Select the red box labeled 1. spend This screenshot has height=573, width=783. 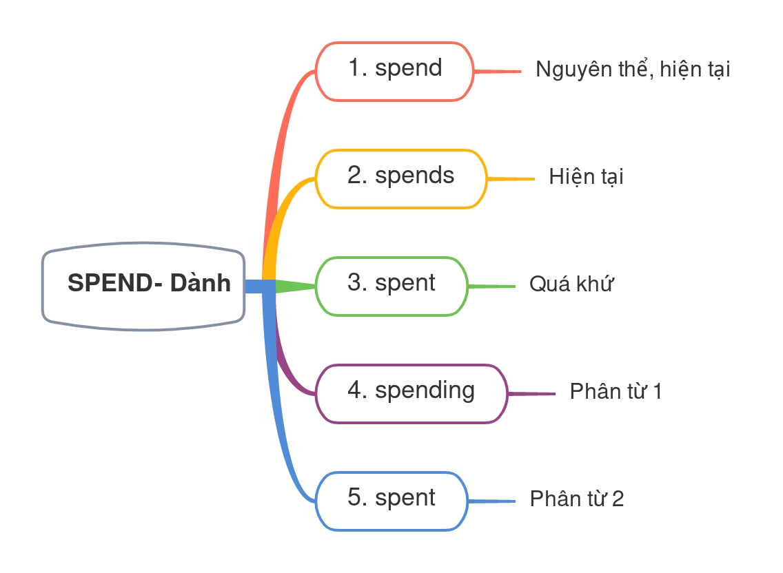coord(395,72)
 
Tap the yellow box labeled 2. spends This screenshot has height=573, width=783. coord(401,178)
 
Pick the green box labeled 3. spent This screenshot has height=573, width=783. coord(392,286)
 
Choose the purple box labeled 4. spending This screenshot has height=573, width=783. coord(411,393)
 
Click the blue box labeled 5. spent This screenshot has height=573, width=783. coord(392,501)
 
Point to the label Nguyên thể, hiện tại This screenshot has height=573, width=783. coord(633,70)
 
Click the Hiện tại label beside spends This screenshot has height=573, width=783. coord(586,178)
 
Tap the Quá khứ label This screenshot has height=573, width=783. coord(571,284)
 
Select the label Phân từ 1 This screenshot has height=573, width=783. coord(616,392)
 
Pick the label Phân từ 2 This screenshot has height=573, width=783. coord(577,499)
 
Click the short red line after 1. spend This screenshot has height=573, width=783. coord(498,71)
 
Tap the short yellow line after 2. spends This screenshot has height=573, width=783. coord(511,179)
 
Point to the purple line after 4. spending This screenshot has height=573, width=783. coord(531,394)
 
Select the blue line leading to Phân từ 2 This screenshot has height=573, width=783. coord(491,501)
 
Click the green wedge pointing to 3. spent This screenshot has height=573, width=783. coord(295,286)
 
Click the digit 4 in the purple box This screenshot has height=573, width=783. coord(356,390)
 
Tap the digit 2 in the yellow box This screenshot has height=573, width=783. coord(356,176)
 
